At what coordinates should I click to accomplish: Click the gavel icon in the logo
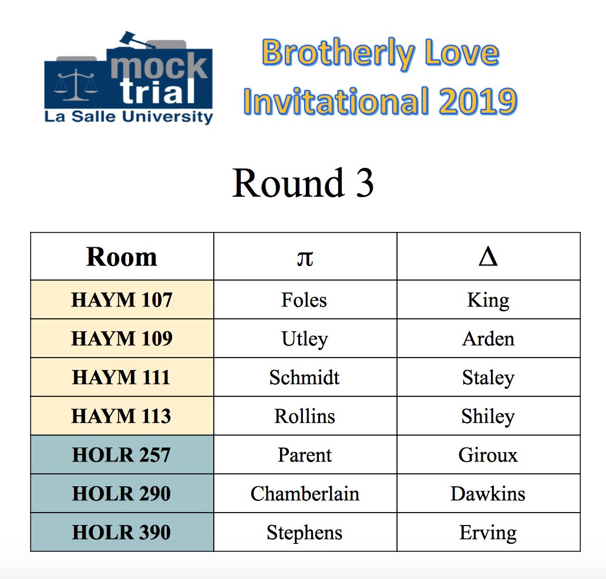coord(134,41)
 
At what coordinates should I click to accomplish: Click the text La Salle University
coord(129,117)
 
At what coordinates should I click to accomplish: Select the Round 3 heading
coord(303,183)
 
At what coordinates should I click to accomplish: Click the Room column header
coord(122,257)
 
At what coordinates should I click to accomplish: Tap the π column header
coord(305,257)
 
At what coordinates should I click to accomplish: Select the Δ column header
coord(488,257)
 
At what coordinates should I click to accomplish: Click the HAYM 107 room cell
coord(122,300)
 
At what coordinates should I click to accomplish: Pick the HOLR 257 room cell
coord(122,455)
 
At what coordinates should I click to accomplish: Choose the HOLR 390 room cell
coord(122,533)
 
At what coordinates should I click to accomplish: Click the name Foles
coord(304,300)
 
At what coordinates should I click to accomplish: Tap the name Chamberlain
coord(305,494)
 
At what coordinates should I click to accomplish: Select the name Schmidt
coord(304,378)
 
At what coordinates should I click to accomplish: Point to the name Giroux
coord(488,455)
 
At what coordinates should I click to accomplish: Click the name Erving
coord(488,533)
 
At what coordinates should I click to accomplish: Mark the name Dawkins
coord(488,494)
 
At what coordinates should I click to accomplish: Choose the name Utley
coord(304,339)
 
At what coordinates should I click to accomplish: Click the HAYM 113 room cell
coord(122,416)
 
